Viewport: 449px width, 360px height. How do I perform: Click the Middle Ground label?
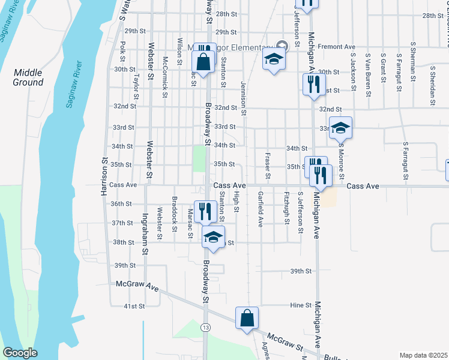28,77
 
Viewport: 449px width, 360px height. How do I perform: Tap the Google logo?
20,353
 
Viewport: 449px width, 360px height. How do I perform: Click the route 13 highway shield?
206,327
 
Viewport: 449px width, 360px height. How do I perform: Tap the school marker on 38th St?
212,237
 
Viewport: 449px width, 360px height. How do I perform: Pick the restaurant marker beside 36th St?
206,211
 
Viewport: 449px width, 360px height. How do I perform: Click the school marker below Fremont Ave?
273,61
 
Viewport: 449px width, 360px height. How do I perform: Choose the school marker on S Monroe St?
340,128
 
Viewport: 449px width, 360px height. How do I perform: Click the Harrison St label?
104,178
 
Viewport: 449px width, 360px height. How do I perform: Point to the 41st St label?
134,306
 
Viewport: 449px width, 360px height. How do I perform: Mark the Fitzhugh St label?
287,208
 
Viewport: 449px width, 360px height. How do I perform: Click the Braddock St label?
174,209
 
